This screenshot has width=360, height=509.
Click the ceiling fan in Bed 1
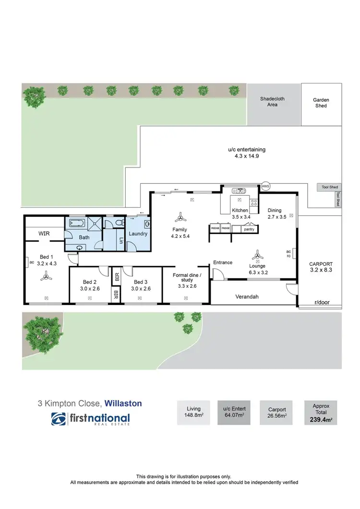pos(46,275)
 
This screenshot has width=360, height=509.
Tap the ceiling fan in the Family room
pos(180,216)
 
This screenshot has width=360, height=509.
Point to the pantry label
pos(249,229)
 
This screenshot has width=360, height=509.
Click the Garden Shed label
pos(321,103)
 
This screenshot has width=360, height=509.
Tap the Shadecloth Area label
pos(272,101)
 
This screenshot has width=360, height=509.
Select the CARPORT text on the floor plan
pos(321,264)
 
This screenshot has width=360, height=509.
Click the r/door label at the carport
pos(321,303)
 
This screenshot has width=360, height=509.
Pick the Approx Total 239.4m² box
pos(321,412)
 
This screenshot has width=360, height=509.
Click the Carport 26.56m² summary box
pos(277,412)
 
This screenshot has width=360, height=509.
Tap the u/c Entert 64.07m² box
pos(235,412)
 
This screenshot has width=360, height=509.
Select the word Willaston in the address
pos(123,403)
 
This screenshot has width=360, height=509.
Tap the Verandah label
pos(247,296)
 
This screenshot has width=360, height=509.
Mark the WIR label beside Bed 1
pos(44,234)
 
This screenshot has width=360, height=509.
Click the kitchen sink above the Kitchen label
pos(239,190)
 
